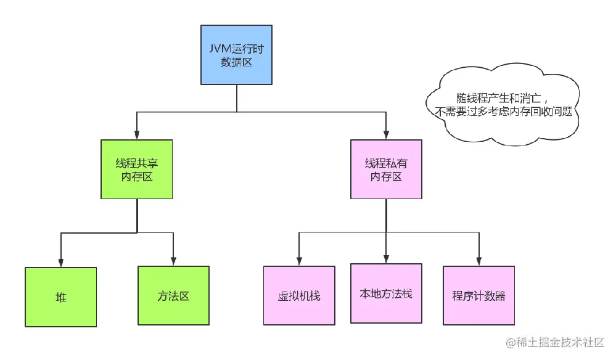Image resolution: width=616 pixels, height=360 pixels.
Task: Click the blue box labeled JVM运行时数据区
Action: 237,55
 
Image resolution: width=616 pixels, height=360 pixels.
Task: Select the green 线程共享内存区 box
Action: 137,170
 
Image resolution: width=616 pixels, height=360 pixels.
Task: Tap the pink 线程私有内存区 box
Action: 386,170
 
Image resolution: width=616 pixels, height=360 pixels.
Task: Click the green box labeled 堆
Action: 60,297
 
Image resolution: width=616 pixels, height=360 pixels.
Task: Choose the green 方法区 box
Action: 173,295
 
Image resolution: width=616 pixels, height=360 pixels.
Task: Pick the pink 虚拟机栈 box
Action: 299,295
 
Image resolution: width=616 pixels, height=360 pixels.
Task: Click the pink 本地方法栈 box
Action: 386,293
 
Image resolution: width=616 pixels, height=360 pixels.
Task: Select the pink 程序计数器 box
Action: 478,295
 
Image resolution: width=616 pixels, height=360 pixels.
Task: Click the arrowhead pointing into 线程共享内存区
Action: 137,135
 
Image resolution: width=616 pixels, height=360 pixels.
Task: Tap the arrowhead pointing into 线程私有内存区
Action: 386,135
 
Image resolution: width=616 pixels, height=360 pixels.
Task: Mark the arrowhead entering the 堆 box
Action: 60,263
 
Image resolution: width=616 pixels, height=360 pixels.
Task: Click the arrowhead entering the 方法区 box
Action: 173,261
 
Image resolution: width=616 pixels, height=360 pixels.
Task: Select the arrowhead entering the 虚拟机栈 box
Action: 299,261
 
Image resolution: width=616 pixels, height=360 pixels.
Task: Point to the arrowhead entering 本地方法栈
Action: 386,259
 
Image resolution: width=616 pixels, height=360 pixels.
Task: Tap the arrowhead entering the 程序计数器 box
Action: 478,261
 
